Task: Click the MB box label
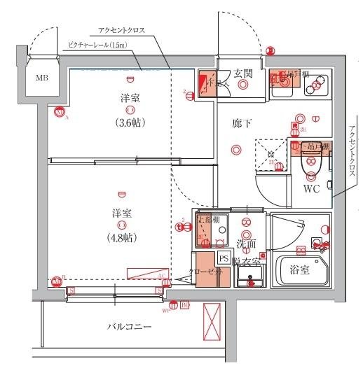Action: click(42, 78)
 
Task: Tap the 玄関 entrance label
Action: click(243, 73)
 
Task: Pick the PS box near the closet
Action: click(224, 258)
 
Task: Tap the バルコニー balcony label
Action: click(129, 326)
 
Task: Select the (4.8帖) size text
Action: click(122, 237)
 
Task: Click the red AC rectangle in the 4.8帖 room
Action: click(146, 274)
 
